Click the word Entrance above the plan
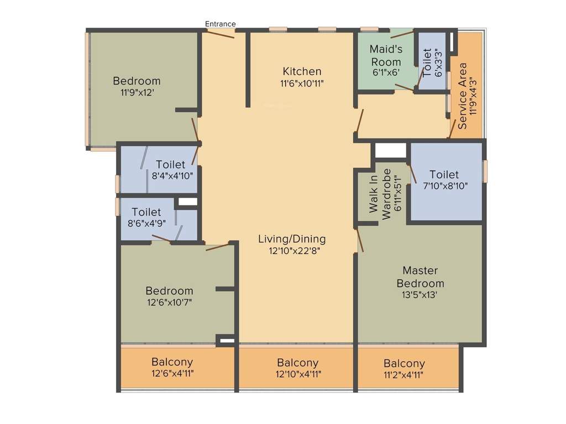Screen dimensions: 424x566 click(x=221, y=24)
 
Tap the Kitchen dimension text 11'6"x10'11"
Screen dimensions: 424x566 click(x=302, y=84)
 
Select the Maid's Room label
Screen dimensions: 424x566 click(x=385, y=55)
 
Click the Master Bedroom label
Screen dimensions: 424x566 click(x=420, y=277)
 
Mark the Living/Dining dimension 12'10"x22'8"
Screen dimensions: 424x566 click(x=292, y=251)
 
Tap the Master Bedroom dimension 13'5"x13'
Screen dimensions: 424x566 click(x=420, y=295)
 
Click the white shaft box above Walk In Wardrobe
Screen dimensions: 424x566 click(x=390, y=150)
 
